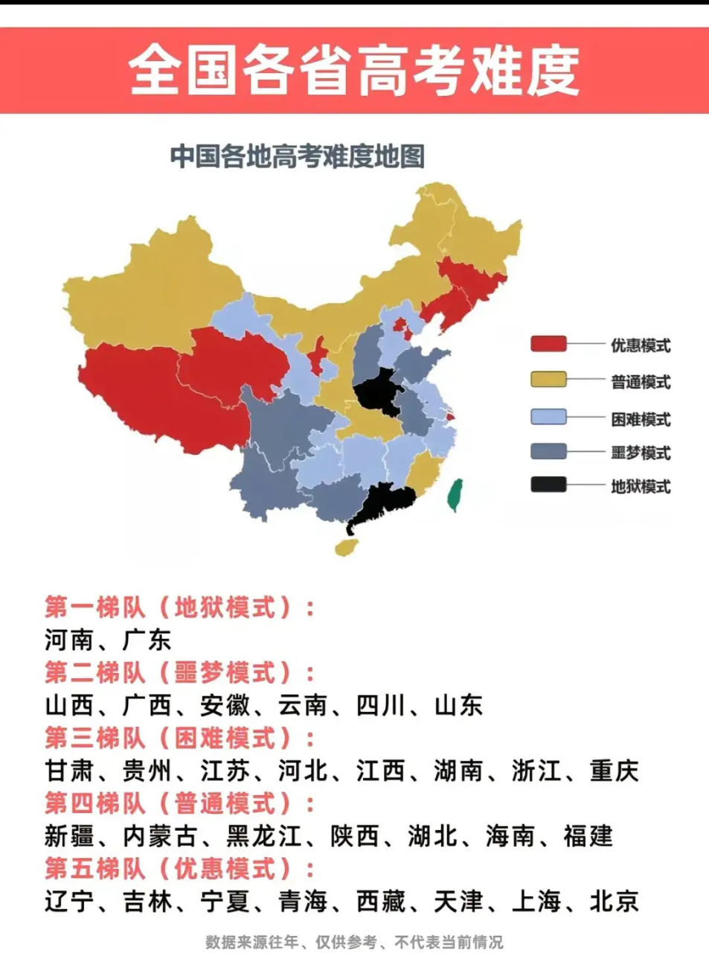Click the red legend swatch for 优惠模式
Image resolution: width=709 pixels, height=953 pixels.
pyautogui.click(x=548, y=344)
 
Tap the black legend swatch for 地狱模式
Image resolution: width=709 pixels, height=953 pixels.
pyautogui.click(x=548, y=485)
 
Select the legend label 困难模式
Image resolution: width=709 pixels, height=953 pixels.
pyautogui.click(x=641, y=419)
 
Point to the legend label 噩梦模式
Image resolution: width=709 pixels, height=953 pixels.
pyautogui.click(x=641, y=453)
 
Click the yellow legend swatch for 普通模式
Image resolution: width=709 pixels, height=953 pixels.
pyautogui.click(x=548, y=380)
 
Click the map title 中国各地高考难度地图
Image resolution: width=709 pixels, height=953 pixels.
pyautogui.click(x=298, y=157)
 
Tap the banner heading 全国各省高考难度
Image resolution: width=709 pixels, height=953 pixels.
pyautogui.click(x=354, y=71)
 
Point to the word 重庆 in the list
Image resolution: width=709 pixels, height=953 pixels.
pyautogui.click(x=614, y=771)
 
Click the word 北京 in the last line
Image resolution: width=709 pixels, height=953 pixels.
pyautogui.click(x=614, y=902)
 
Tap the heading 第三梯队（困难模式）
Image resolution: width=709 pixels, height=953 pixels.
pyautogui.click(x=179, y=738)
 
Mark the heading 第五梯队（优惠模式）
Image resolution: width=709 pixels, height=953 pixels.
pyautogui.click(x=179, y=869)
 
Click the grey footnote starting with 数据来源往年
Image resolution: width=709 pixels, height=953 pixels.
pyautogui.click(x=354, y=942)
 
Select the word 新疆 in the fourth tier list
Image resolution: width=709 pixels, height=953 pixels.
pyautogui.click(x=69, y=836)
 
